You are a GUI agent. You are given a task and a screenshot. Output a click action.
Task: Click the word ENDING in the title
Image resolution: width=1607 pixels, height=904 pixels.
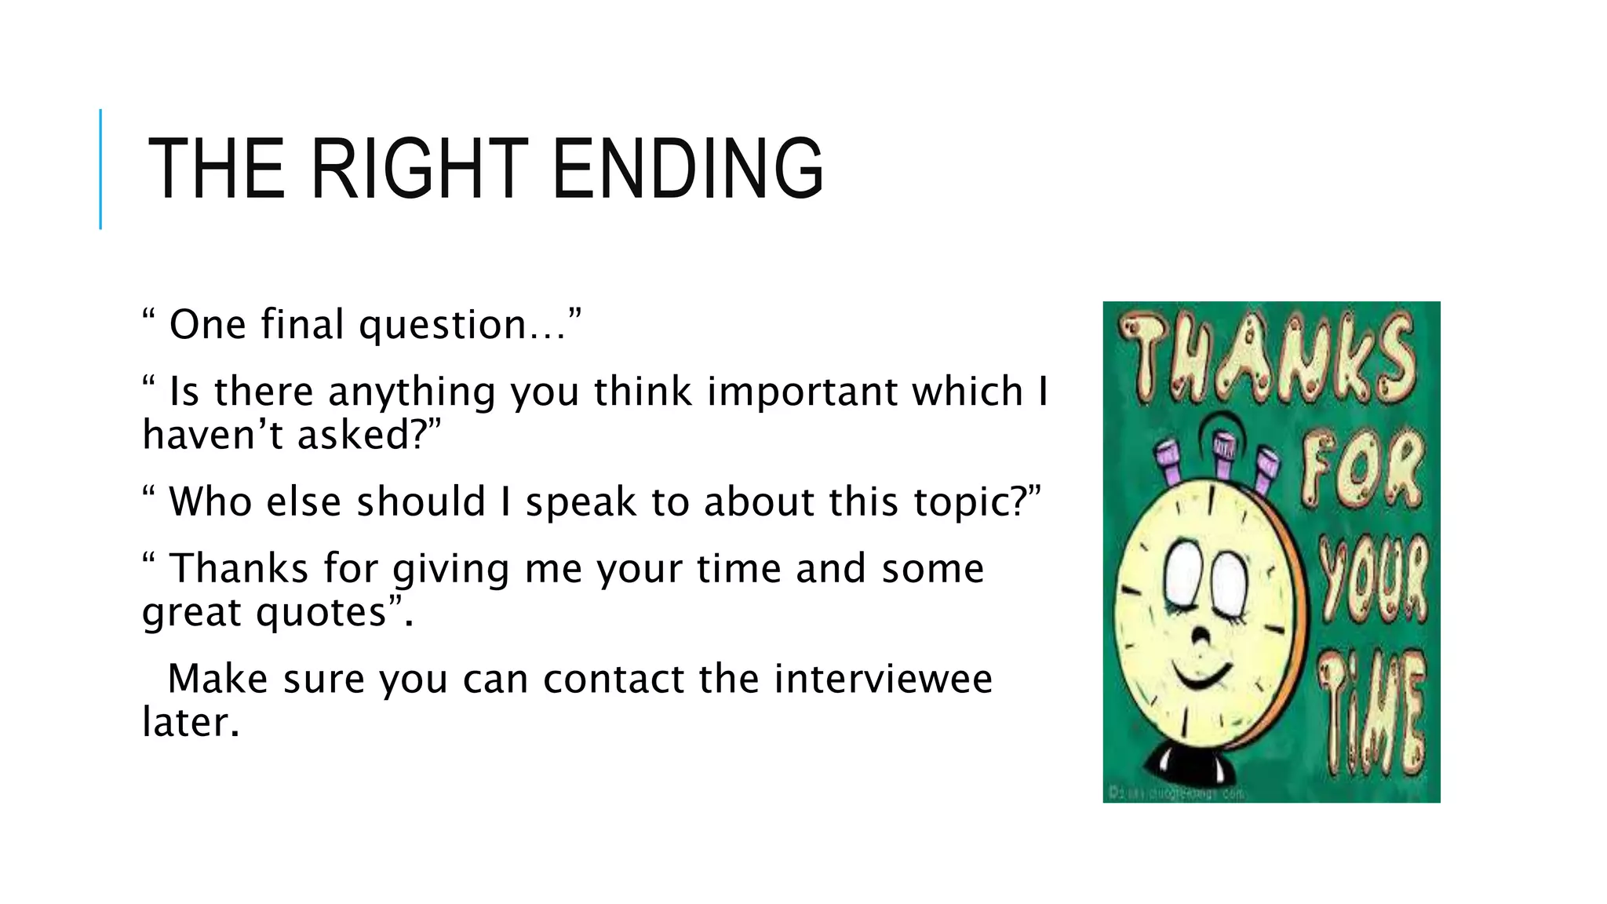pyautogui.click(x=687, y=169)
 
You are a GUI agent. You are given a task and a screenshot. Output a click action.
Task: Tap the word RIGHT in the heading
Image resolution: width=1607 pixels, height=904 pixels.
pyautogui.click(x=420, y=169)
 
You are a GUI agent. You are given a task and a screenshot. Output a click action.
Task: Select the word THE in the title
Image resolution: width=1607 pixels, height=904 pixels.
pyautogui.click(x=216, y=169)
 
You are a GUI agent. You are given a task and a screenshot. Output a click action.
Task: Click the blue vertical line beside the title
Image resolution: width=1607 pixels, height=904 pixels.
pyautogui.click(x=100, y=169)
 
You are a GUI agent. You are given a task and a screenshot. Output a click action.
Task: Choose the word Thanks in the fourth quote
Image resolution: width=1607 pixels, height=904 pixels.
pyautogui.click(x=239, y=568)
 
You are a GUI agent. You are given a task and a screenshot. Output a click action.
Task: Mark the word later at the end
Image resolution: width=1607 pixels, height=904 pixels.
pyautogui.click(x=190, y=723)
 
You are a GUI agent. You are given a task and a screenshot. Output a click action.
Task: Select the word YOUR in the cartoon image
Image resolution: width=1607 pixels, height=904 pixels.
pyautogui.click(x=1373, y=581)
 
